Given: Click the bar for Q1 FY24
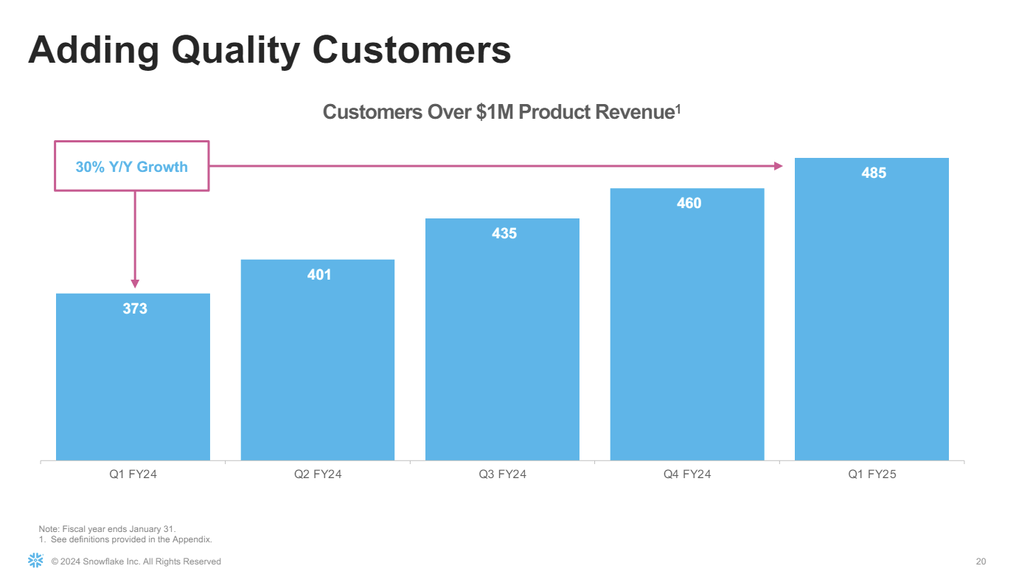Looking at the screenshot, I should click(x=133, y=384).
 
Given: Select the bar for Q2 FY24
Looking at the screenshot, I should click(x=318, y=369).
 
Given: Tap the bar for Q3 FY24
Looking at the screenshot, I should click(x=502, y=347).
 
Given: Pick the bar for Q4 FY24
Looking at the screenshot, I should click(x=687, y=332).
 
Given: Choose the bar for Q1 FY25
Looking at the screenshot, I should click(x=871, y=317).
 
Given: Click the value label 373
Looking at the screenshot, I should click(x=135, y=308).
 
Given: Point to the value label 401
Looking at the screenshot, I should click(x=319, y=274).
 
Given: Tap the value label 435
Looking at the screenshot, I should click(x=504, y=233).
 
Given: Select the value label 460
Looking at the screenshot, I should click(x=689, y=203).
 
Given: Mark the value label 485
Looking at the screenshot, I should click(x=874, y=173).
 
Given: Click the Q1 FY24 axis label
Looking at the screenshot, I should click(x=133, y=474).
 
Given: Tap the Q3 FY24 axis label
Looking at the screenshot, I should click(x=502, y=474).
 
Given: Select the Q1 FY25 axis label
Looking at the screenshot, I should click(x=872, y=474).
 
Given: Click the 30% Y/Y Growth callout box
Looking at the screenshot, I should click(x=132, y=167).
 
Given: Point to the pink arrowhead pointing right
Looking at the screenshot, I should click(x=779, y=166).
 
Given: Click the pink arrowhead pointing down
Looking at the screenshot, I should click(x=135, y=283).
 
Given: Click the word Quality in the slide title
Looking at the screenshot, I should click(x=235, y=50).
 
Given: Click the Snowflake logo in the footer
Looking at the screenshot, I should click(x=35, y=560).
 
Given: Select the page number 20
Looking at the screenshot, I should click(x=981, y=562).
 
